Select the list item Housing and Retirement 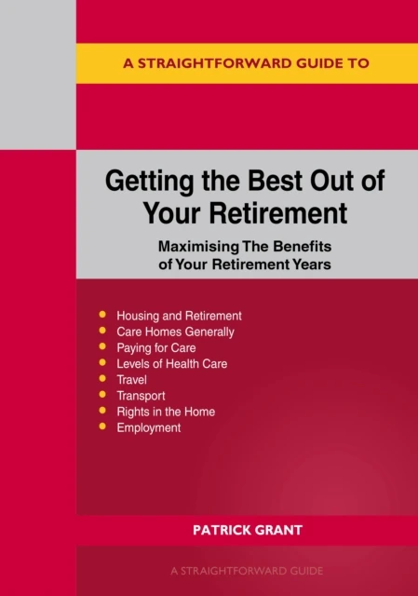point(179,316)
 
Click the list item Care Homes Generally point(175,332)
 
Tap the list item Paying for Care point(157,347)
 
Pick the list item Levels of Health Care point(171,364)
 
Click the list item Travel point(132,380)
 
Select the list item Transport point(141,396)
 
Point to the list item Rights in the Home point(166,412)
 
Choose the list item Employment point(149,427)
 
